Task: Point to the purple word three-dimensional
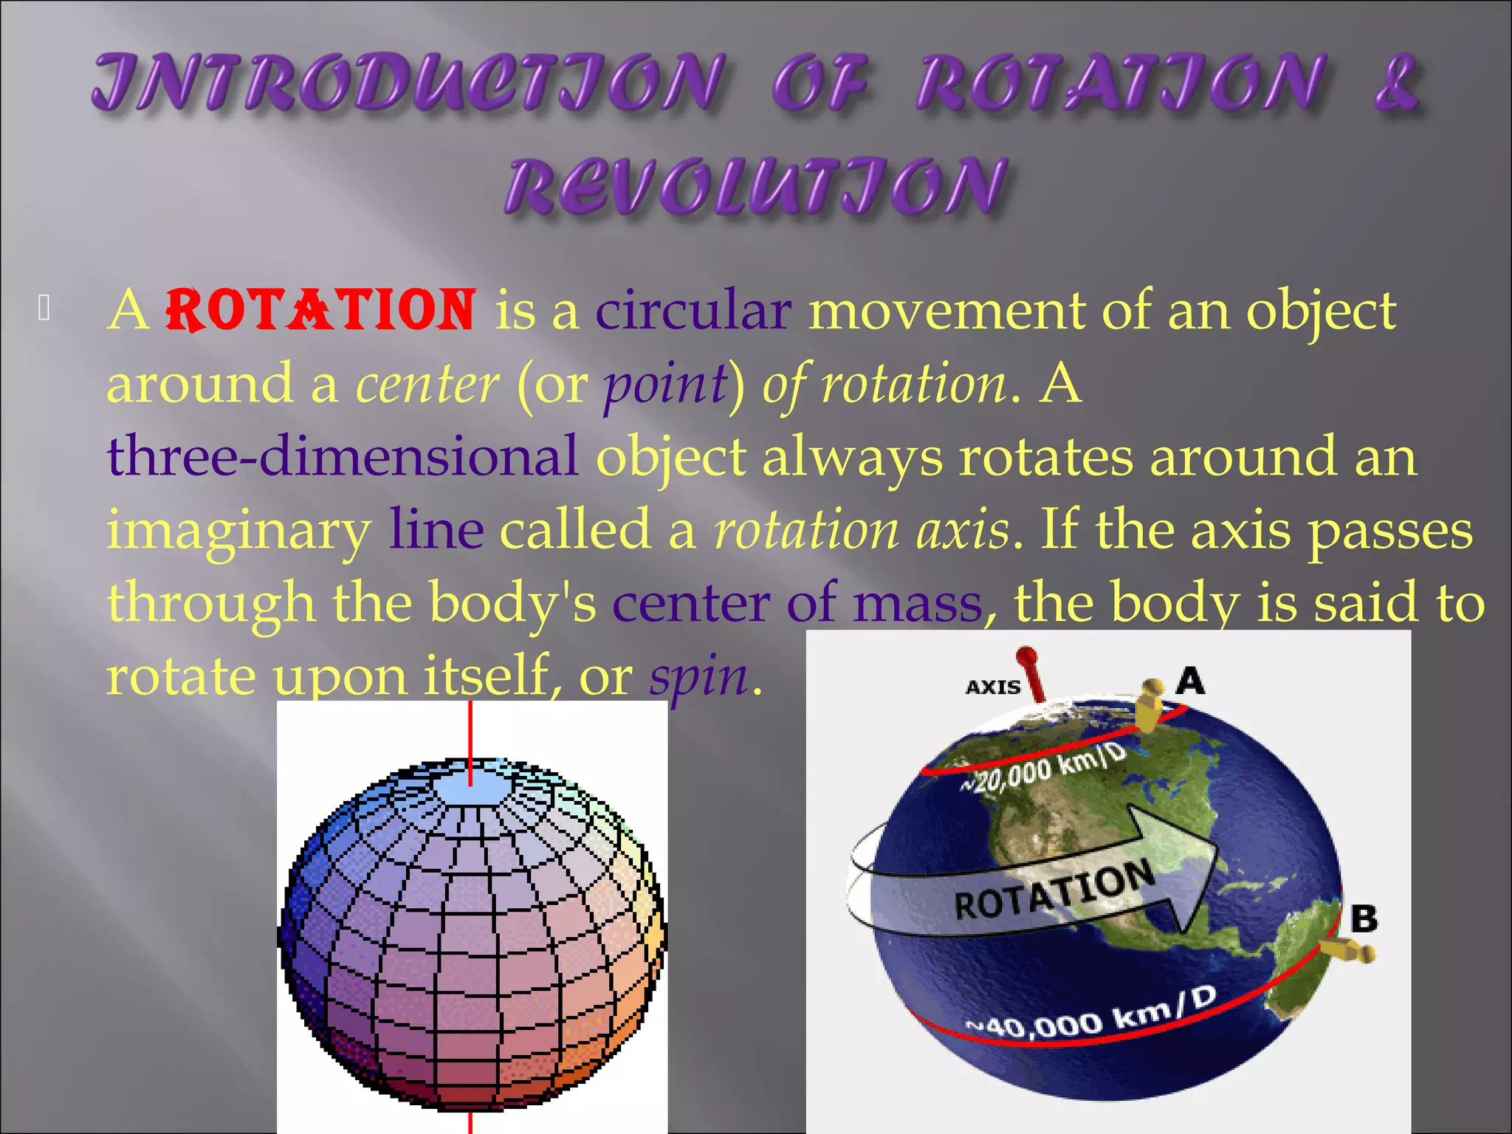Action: [343, 456]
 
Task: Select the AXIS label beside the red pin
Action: [992, 687]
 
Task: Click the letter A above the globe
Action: [1190, 680]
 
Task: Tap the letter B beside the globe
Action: [1363, 919]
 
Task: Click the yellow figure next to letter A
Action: [1148, 704]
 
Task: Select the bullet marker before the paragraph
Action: [44, 308]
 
